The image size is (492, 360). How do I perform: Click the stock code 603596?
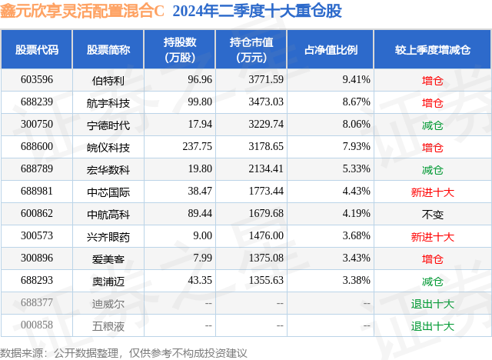click(37, 79)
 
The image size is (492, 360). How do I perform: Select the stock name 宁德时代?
click(108, 125)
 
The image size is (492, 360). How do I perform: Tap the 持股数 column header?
click(179, 49)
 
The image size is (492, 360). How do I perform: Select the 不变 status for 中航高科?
click(433, 214)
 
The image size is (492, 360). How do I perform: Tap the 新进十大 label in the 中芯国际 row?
click(433, 192)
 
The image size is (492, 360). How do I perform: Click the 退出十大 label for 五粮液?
click(433, 325)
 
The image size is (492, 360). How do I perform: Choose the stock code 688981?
click(37, 192)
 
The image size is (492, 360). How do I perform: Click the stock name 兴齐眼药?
click(108, 236)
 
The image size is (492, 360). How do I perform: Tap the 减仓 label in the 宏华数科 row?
click(433, 169)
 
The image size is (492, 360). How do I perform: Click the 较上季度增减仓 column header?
click(433, 49)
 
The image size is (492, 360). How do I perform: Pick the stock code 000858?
click(37, 325)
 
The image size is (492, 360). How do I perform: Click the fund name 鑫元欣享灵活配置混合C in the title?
click(82, 12)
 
